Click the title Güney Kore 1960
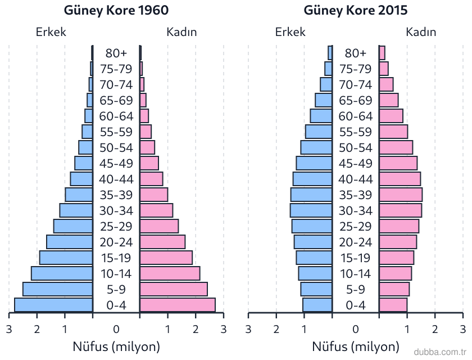(116, 11)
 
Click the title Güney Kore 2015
(356, 11)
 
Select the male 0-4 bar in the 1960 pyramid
(53, 305)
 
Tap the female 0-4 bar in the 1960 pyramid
(178, 305)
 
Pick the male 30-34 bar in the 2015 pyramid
(311, 210)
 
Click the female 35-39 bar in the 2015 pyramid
(401, 195)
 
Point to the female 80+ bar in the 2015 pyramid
(382, 53)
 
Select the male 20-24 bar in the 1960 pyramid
(70, 242)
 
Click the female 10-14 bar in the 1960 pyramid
(170, 273)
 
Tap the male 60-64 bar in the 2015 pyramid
(321, 116)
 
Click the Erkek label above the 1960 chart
(51, 32)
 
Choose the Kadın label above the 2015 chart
(421, 32)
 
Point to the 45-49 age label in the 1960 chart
(116, 163)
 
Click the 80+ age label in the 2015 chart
(356, 53)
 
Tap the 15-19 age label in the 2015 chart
(356, 258)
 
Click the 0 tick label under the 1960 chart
(116, 329)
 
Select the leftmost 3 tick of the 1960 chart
(9, 329)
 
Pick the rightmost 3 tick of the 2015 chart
(462, 329)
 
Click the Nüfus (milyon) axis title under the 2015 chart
(356, 346)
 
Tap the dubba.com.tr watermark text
(440, 352)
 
